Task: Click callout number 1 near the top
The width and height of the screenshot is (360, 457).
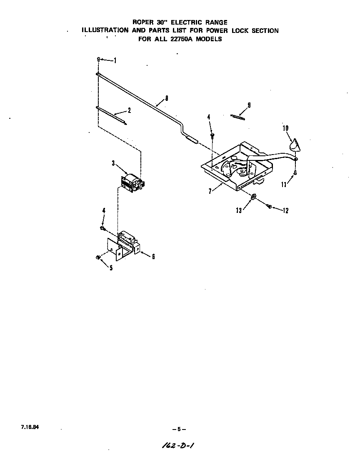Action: (x=115, y=61)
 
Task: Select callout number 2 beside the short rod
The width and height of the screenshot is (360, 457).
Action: (x=129, y=110)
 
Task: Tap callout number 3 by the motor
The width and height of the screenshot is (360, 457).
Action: (x=113, y=163)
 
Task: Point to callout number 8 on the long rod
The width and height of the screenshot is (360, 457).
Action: (x=167, y=98)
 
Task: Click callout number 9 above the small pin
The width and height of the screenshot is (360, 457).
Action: (x=249, y=105)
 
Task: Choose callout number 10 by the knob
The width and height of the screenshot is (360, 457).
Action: (x=286, y=128)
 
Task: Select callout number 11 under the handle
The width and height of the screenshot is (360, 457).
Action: (x=284, y=184)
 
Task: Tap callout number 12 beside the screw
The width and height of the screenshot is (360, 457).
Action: (x=285, y=211)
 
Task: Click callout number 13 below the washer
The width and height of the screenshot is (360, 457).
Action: (x=239, y=211)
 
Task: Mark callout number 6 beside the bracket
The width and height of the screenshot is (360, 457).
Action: (x=153, y=257)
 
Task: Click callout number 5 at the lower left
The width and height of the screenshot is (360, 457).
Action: (x=111, y=268)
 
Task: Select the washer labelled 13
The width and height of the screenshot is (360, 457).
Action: (x=253, y=197)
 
